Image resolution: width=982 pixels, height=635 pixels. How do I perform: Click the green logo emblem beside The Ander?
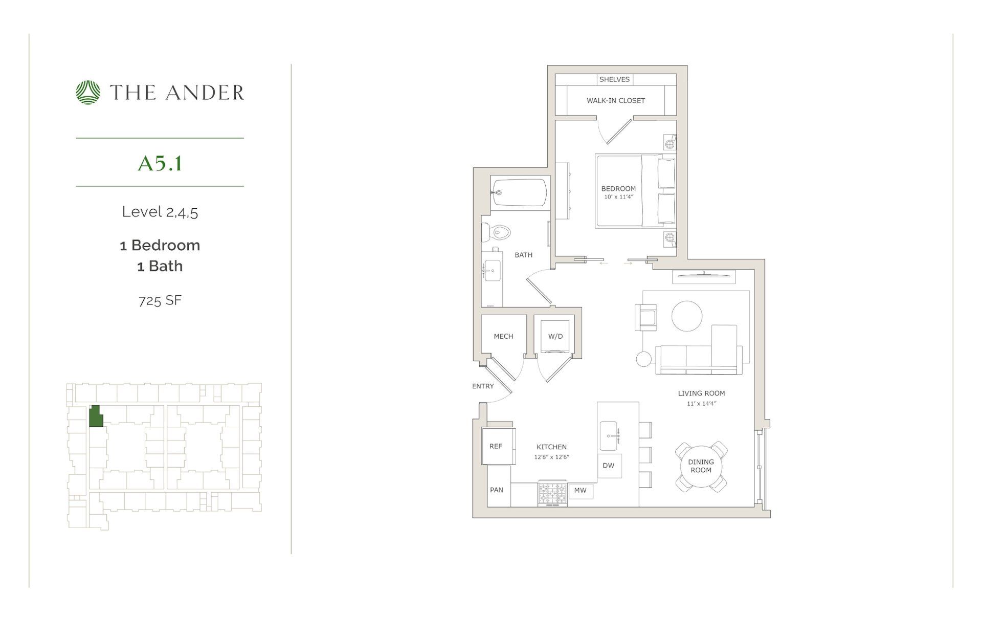[x=88, y=93]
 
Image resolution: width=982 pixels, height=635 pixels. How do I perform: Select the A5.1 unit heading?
[x=160, y=163]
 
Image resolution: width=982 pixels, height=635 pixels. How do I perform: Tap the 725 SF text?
[x=160, y=300]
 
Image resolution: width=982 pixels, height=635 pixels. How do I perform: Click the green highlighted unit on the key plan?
[x=96, y=417]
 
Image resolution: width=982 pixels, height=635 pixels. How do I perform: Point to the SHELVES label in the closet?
[x=614, y=79]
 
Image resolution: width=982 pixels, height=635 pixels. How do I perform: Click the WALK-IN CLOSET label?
[x=616, y=100]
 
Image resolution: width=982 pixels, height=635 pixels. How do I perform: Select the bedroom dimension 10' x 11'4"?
[x=619, y=197]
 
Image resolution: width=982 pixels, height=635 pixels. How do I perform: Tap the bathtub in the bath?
[x=519, y=192]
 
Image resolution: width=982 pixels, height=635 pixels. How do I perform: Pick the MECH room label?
[x=503, y=336]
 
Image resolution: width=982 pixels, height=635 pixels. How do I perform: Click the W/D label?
[x=555, y=336]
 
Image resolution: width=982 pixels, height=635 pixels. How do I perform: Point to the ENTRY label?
[x=483, y=386]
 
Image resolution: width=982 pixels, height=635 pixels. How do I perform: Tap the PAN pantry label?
[x=497, y=490]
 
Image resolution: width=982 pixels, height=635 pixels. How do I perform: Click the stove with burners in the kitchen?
[x=552, y=494]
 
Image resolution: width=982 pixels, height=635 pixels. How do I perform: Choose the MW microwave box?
[x=580, y=490]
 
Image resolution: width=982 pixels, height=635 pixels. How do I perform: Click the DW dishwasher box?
[x=609, y=466]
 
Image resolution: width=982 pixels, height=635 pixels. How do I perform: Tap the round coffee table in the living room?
[x=686, y=316]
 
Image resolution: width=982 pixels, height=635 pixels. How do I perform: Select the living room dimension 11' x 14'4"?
[x=701, y=404]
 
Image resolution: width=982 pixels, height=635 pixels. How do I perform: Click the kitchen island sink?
[x=609, y=435]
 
